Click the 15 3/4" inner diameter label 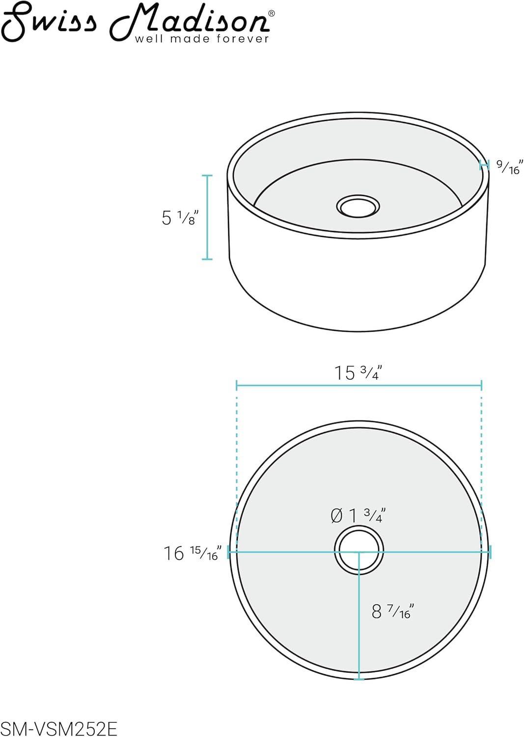[x=358, y=373]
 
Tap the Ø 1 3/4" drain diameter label [x=358, y=515]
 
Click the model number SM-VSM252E [x=59, y=729]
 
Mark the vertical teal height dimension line [x=207, y=217]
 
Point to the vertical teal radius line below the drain [x=359, y=619]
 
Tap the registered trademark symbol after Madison [x=272, y=14]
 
